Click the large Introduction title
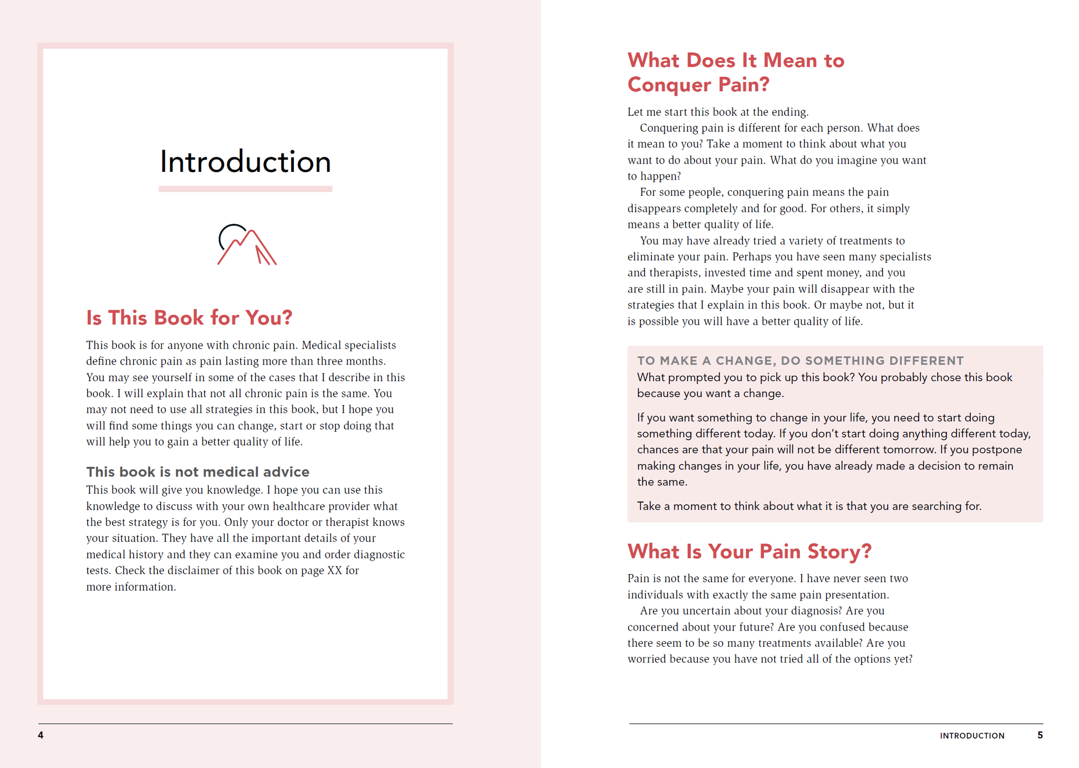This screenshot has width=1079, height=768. [x=245, y=162]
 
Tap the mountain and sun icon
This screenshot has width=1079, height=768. [x=246, y=245]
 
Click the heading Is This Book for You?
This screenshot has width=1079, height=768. [x=189, y=318]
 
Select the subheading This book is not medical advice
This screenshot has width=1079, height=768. [x=197, y=472]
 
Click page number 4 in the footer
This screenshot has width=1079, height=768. [x=40, y=735]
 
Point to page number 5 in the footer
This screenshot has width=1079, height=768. [x=1040, y=735]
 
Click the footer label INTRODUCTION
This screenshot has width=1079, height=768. [x=972, y=736]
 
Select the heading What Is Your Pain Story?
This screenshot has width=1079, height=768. [x=749, y=551]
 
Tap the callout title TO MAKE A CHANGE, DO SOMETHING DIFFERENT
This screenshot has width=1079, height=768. [x=800, y=361]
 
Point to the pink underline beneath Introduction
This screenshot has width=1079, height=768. [x=245, y=189]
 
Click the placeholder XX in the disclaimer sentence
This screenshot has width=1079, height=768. [x=334, y=571]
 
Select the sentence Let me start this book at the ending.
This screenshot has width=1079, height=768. [x=717, y=112]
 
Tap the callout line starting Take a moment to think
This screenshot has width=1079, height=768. [x=809, y=506]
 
